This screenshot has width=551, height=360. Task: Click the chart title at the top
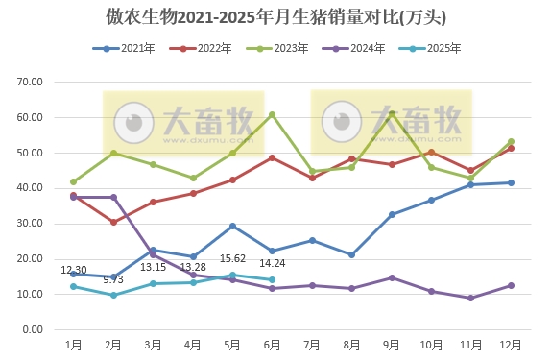[275, 17]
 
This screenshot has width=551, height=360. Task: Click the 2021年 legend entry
[125, 48]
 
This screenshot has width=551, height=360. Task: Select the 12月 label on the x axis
[511, 344]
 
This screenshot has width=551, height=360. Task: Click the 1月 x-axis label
[73, 344]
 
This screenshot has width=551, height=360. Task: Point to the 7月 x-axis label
[312, 344]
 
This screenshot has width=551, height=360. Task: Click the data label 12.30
[74, 270]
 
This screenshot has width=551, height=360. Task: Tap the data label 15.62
[233, 258]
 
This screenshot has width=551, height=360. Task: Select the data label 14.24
[274, 263]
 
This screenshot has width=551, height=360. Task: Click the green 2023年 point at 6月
[273, 114]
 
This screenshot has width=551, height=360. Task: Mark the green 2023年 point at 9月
[392, 114]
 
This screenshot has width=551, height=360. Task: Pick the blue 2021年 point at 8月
[352, 254]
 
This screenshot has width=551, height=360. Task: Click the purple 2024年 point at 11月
[471, 298]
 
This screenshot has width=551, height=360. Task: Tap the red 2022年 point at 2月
[113, 222]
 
